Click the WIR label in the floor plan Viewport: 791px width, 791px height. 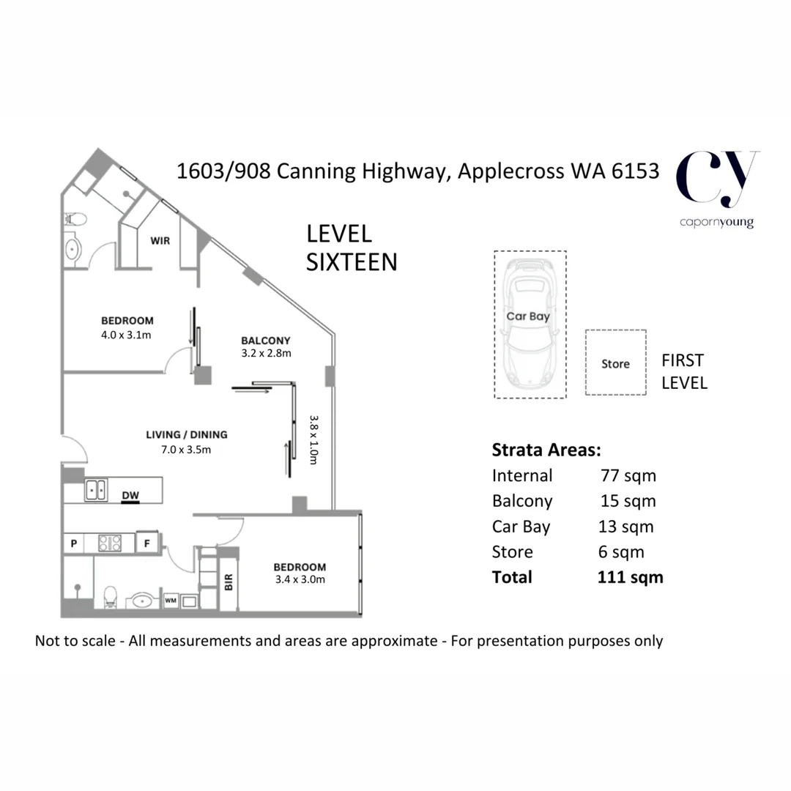[160, 240]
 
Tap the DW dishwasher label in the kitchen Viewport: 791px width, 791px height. [130, 496]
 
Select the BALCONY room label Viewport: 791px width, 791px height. [266, 341]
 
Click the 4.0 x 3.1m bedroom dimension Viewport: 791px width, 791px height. [125, 335]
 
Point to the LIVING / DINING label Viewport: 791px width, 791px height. [186, 434]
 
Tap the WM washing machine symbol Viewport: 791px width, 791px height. [170, 601]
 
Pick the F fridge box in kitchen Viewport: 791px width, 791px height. [147, 543]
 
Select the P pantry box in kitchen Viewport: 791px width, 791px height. [73, 543]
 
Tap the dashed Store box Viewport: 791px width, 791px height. [615, 363]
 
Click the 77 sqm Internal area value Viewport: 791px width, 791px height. [628, 476]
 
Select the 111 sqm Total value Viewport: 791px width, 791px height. [630, 577]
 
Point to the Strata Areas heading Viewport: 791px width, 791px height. [546, 450]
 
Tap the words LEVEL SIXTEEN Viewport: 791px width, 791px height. [352, 248]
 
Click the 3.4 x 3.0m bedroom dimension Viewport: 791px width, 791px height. [299, 579]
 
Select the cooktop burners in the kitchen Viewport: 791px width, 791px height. [110, 543]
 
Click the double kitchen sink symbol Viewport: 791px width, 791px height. [96, 489]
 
